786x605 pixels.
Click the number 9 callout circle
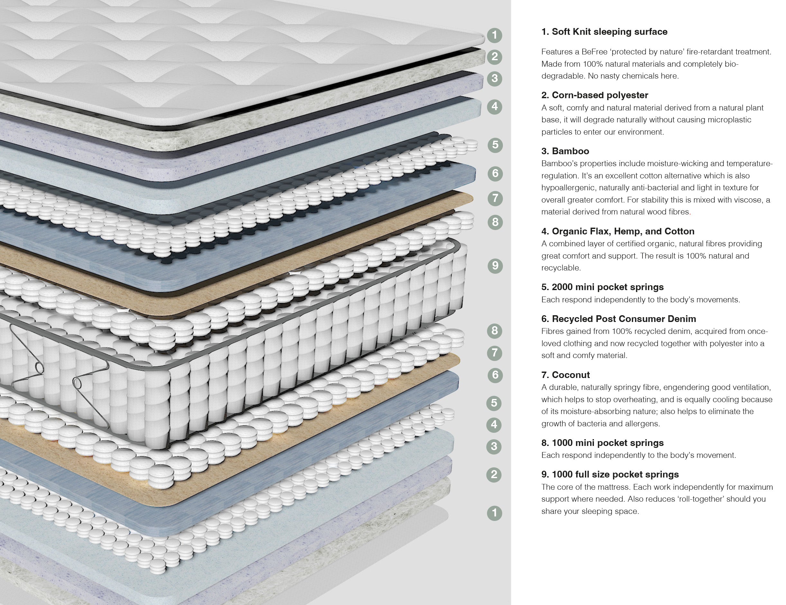(495, 266)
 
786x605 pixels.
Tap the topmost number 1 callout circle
(495, 35)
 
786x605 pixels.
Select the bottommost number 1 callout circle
(494, 513)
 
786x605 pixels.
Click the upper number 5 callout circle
(495, 145)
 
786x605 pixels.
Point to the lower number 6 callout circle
(495, 375)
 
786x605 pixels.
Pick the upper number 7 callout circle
(495, 198)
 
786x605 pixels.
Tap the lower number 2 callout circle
(494, 474)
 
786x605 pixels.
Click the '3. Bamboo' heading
(565, 151)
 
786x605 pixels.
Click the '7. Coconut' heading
(565, 375)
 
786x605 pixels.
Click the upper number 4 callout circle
(495, 106)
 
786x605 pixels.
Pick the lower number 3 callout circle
(494, 447)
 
